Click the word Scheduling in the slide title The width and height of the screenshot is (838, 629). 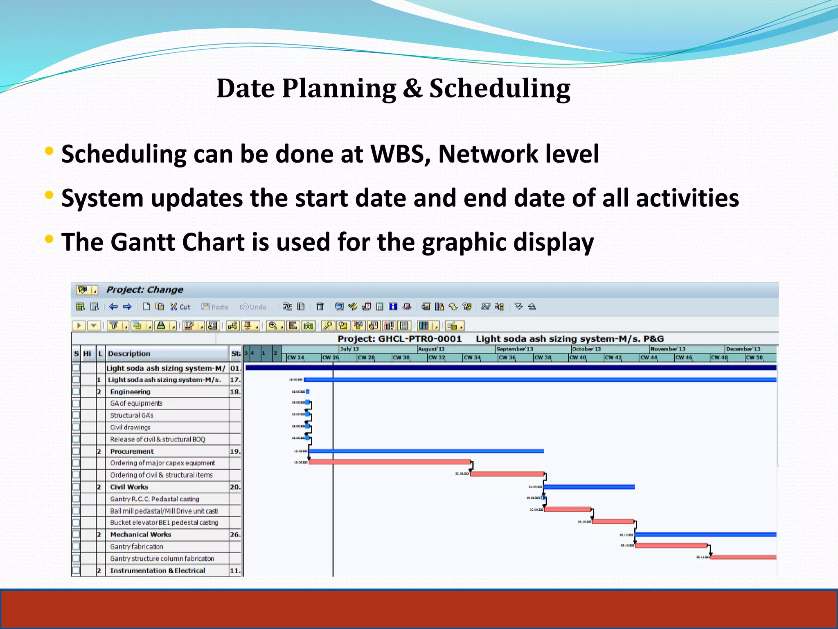click(x=499, y=89)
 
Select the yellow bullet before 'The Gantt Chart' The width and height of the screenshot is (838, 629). click(x=49, y=239)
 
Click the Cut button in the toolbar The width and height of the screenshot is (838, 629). click(x=180, y=307)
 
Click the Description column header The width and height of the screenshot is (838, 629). click(x=129, y=353)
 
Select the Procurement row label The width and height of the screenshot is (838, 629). click(x=132, y=451)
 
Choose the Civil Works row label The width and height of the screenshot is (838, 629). click(x=129, y=487)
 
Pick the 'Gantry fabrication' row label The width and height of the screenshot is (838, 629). click(x=136, y=546)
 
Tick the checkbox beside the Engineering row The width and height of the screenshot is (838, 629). click(x=76, y=391)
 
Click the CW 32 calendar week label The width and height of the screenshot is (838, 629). click(x=436, y=357)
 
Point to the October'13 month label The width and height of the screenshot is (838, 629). click(x=586, y=349)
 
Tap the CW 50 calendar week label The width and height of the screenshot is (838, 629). click(x=754, y=357)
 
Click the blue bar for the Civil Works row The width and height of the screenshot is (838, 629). click(x=589, y=487)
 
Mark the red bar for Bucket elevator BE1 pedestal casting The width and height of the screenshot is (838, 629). click(x=613, y=522)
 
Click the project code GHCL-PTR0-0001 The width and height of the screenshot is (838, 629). click(x=420, y=339)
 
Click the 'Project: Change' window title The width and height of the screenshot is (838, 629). click(x=144, y=290)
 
